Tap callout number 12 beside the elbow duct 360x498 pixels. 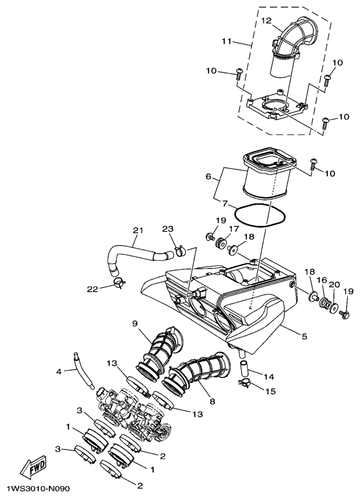pos(267,21)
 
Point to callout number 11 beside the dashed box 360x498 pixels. pos(227,41)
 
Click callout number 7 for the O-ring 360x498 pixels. pos(225,204)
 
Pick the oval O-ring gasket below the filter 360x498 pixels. pos(260,215)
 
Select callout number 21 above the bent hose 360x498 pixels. pos(138,230)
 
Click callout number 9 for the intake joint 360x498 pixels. pos(135,323)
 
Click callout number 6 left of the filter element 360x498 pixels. pos(209,176)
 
